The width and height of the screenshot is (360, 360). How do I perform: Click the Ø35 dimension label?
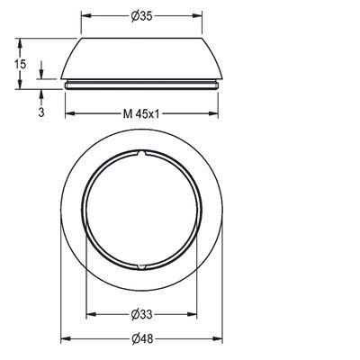(141, 16)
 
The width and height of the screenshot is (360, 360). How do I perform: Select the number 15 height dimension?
(21, 64)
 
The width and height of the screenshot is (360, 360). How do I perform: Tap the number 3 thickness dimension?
(41, 112)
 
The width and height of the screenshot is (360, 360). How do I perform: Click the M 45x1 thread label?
(141, 114)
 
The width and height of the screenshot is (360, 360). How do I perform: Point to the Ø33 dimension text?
(141, 314)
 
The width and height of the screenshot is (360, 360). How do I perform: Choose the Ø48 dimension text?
(142, 339)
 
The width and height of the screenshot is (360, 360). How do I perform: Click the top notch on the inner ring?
(141, 154)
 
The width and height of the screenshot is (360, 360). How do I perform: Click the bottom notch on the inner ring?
(141, 266)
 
